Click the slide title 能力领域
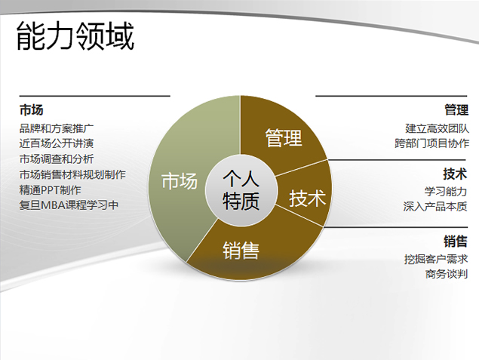point(75,36)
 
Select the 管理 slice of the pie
point(284,138)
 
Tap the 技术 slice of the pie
point(307,198)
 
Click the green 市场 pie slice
point(180,181)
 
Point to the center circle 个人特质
point(241,189)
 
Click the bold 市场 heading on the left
point(31,109)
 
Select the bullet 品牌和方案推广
point(56,128)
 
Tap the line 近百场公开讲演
point(56,143)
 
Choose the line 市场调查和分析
point(56,158)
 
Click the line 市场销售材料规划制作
point(72,174)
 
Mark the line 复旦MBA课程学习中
point(69,205)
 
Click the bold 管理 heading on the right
point(456,110)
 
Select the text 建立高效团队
point(437,128)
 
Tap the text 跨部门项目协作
point(431,143)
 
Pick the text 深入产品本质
point(437,206)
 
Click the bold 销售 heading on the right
point(456,242)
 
